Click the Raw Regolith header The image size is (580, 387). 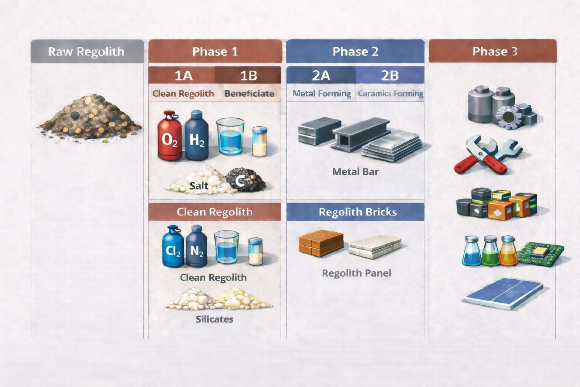tap(86, 51)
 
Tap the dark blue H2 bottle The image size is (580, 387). tap(197, 137)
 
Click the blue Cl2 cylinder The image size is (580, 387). tap(173, 248)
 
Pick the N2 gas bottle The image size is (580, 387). tap(197, 248)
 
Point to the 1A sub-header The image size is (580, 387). tap(183, 76)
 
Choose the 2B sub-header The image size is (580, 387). tap(389, 76)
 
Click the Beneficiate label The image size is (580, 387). tap(249, 94)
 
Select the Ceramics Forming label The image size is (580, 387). tap(390, 94)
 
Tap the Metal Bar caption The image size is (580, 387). tap(355, 172)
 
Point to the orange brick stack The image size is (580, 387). tap(321, 243)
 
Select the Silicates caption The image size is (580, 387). tap(214, 319)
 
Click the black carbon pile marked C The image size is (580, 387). tap(245, 180)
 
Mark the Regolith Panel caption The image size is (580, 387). tap(356, 273)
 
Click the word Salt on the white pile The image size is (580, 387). tap(199, 186)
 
